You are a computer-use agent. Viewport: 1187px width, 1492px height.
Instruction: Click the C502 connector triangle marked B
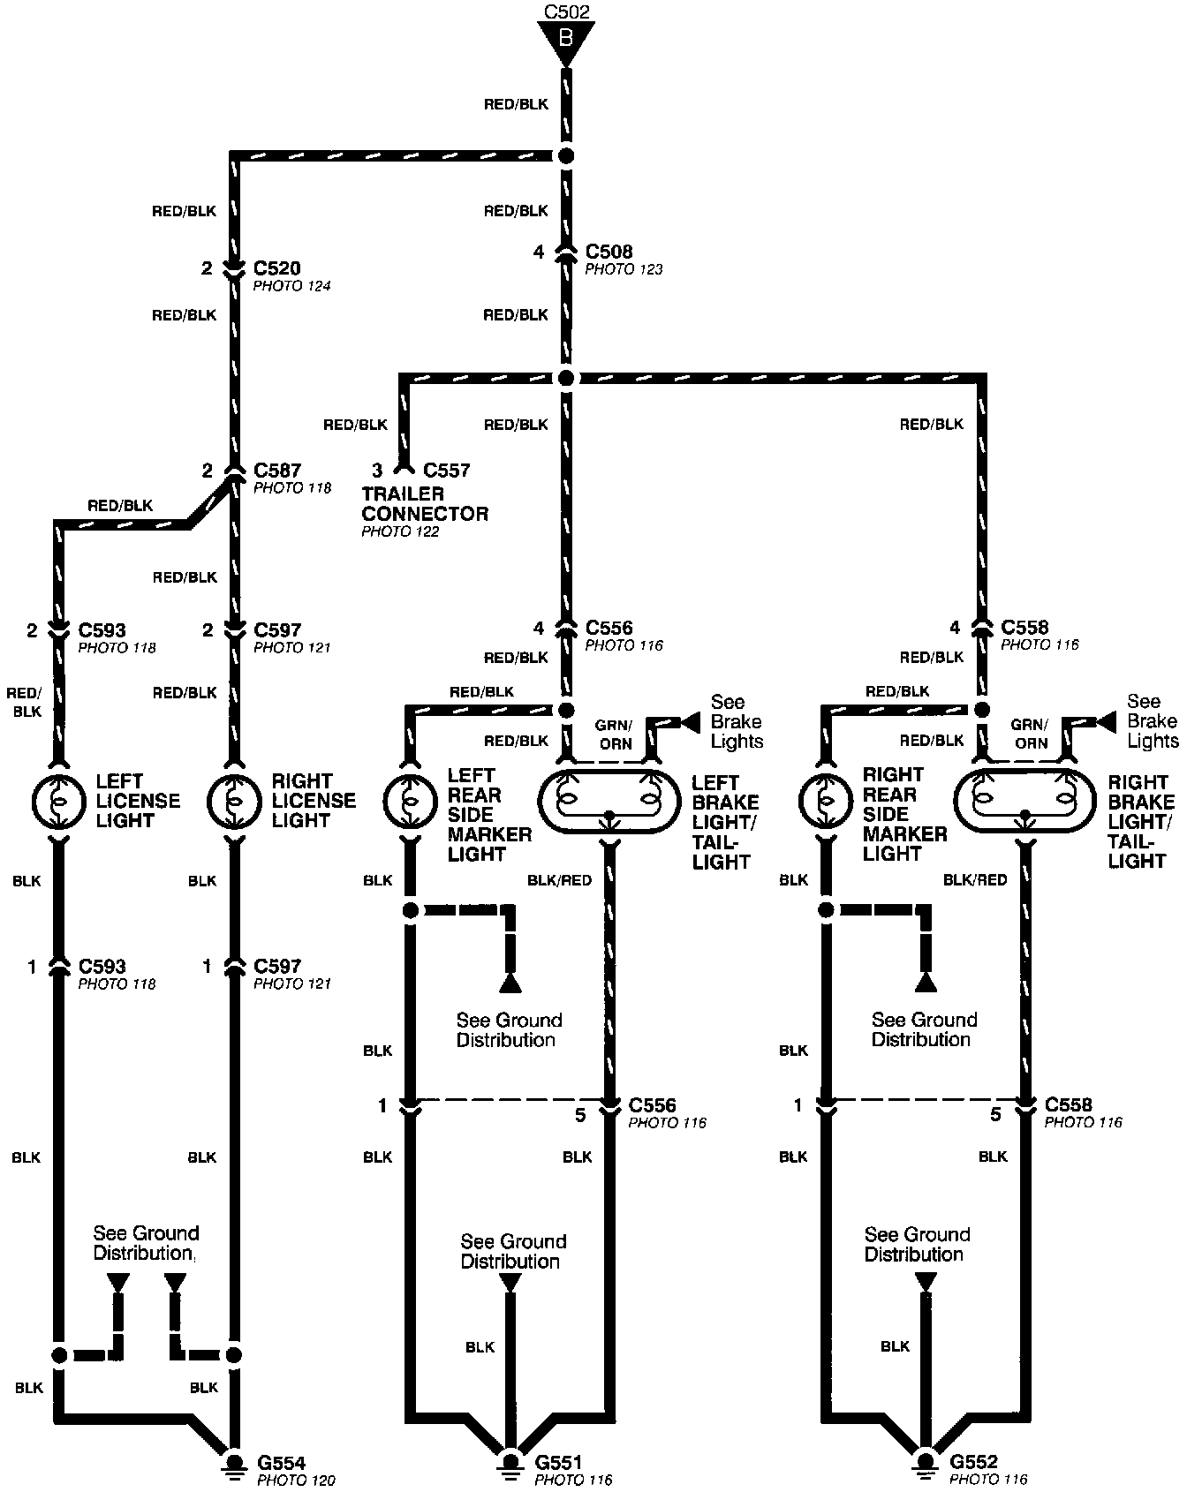pos(566,40)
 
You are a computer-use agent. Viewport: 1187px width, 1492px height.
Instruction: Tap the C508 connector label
pos(609,252)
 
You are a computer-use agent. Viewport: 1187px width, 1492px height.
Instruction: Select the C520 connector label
pos(276,268)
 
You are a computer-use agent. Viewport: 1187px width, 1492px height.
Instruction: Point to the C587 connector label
pos(276,471)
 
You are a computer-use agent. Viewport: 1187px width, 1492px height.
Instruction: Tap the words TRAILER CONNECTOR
pos(424,503)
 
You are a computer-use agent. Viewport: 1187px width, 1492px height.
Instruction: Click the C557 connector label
pos(446,471)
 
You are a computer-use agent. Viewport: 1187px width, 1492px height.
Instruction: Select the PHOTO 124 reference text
pos(291,286)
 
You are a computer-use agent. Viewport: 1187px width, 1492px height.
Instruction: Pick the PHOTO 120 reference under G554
pos(295,1481)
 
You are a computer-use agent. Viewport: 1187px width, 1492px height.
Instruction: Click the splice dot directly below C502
pos(566,156)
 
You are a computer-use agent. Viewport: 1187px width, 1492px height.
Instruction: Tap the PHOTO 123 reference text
pos(624,269)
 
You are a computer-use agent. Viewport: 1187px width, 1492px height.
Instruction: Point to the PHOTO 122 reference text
pos(400,531)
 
